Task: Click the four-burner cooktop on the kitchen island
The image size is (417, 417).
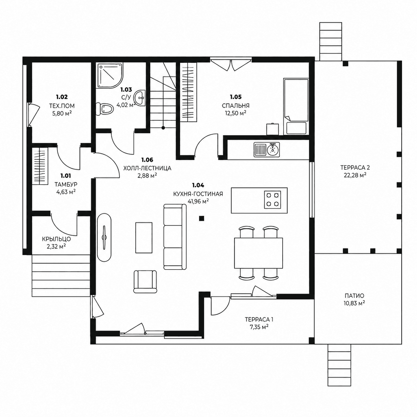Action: [x=272, y=200]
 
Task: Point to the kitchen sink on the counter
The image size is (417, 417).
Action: [x=267, y=149]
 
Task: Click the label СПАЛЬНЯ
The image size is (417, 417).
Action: [x=236, y=106]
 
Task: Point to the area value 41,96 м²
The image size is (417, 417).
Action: [x=198, y=202]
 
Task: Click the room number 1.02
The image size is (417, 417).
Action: [x=62, y=97]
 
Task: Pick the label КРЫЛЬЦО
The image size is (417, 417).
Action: [x=57, y=239]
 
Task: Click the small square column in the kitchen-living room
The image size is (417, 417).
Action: [x=202, y=218]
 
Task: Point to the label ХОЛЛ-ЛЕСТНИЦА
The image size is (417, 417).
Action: [x=147, y=168]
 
